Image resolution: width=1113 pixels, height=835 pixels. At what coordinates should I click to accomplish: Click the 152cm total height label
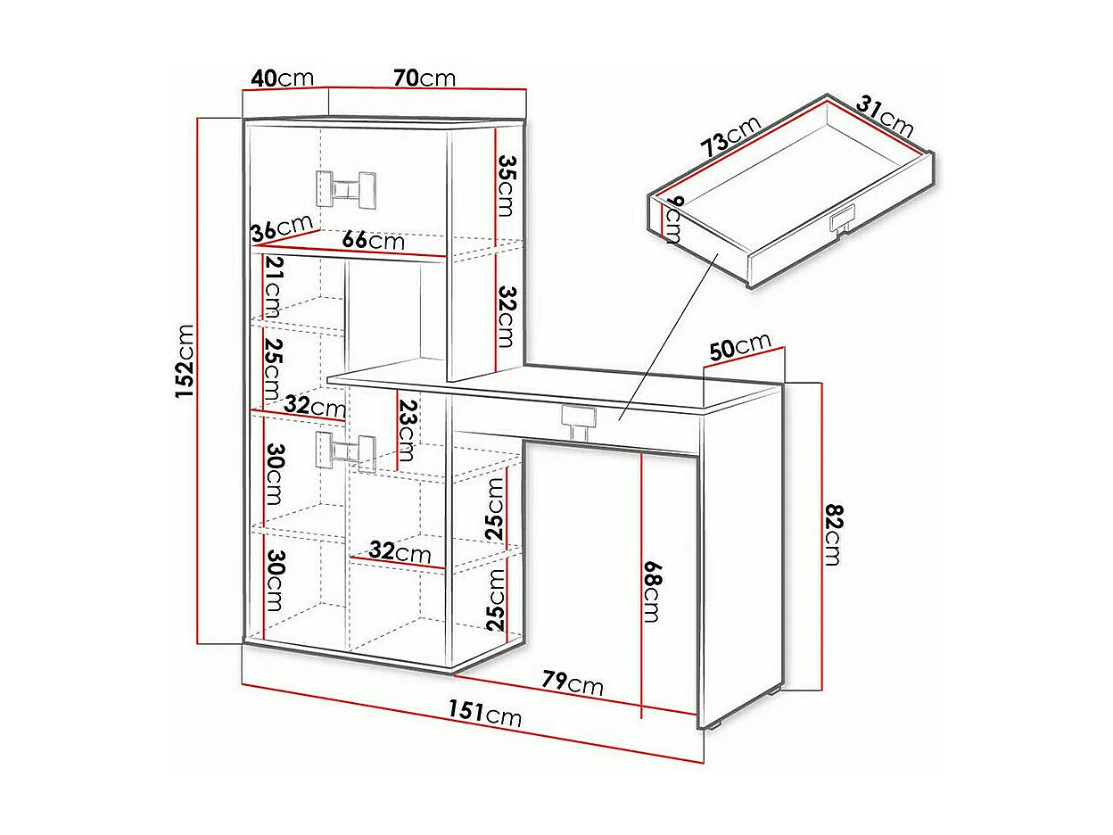tap(184, 360)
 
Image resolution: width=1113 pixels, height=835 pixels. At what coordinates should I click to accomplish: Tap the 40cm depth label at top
tap(282, 78)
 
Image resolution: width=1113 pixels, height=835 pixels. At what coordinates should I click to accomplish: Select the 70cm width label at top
tap(425, 78)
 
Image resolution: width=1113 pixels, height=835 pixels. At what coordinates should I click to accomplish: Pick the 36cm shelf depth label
tap(281, 228)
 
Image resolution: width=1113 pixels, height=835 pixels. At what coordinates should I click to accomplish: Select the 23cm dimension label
tap(407, 427)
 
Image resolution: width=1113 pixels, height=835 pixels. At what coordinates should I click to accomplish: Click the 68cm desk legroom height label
tap(653, 591)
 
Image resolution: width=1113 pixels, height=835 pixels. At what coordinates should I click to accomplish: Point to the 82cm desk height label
tap(832, 533)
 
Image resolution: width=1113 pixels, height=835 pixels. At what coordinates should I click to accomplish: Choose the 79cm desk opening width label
tap(573, 683)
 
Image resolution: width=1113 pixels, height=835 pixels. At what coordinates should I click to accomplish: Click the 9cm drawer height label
tap(673, 219)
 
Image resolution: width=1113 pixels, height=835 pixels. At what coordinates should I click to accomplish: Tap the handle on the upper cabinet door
tap(347, 186)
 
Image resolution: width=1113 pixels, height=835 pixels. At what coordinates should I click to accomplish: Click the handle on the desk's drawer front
tap(580, 420)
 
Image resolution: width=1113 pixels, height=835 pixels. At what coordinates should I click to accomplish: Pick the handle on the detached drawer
tap(841, 219)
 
